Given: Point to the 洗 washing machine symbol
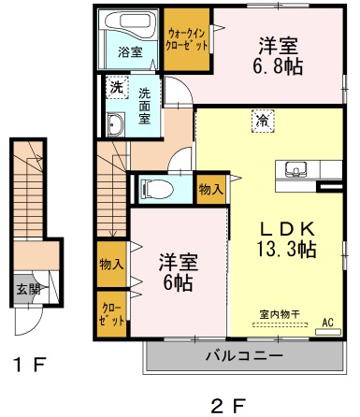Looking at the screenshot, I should pyautogui.click(x=115, y=88).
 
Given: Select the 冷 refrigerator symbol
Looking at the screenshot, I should pyautogui.click(x=265, y=119).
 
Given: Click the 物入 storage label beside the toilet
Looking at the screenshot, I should pyautogui.click(x=210, y=188).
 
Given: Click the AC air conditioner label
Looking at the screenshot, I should pyautogui.click(x=327, y=323).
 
